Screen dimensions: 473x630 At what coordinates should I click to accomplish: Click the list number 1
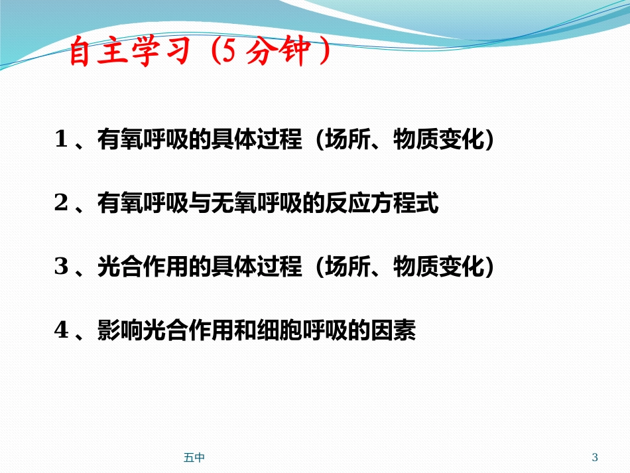tap(62, 140)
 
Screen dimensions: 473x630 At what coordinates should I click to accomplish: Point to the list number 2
tap(62, 204)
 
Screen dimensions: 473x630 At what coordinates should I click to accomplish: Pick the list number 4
tap(62, 331)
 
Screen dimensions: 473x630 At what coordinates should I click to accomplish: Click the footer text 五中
tap(194, 457)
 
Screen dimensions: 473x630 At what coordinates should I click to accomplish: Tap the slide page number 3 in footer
tap(594, 457)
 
